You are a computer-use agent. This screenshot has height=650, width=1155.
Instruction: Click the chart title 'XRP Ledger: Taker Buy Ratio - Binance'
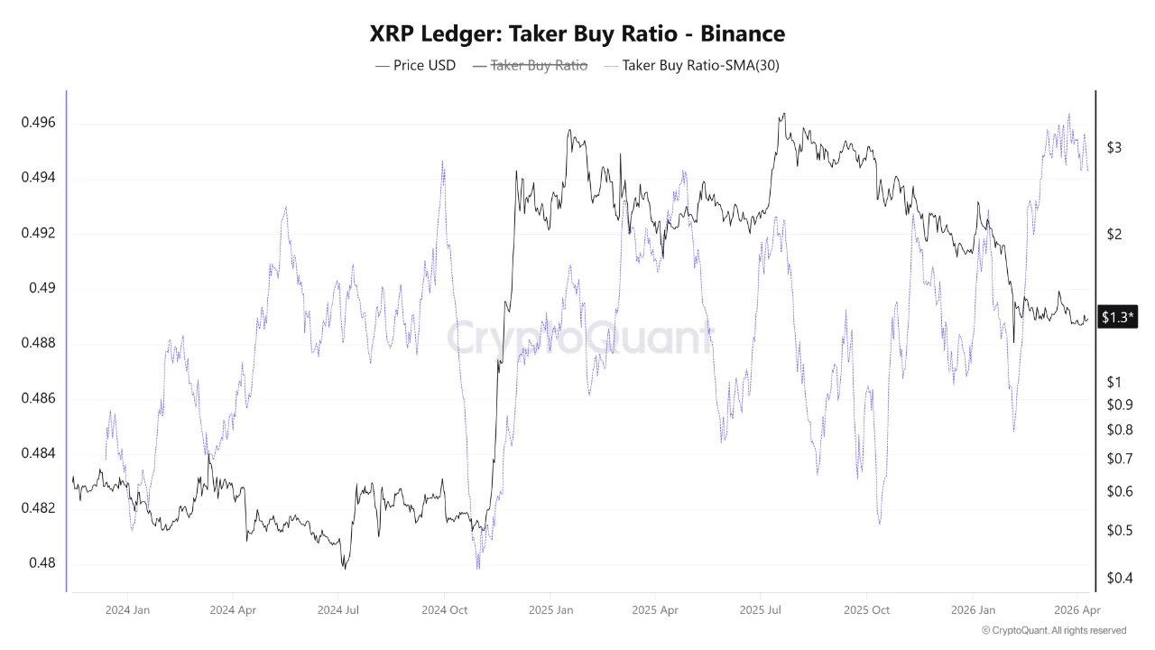[x=577, y=33]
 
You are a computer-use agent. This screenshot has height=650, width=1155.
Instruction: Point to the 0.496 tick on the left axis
[x=39, y=123]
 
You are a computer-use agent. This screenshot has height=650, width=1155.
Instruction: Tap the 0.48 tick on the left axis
[x=42, y=563]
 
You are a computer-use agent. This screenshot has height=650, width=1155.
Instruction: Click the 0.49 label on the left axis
[x=42, y=288]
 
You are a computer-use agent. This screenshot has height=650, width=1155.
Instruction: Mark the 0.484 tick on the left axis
[x=39, y=453]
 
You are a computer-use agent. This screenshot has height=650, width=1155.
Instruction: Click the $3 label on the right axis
[x=1113, y=147]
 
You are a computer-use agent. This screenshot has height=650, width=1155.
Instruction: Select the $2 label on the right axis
[x=1113, y=235]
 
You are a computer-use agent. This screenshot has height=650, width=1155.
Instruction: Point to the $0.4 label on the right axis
[x=1119, y=578]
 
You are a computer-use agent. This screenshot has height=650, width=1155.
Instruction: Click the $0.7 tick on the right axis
[x=1119, y=459]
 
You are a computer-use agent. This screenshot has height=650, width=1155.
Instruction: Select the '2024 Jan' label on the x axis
[x=127, y=610]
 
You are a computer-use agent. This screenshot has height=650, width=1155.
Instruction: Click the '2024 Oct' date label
[x=444, y=610]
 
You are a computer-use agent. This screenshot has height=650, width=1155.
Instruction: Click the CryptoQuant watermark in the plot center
[x=577, y=338]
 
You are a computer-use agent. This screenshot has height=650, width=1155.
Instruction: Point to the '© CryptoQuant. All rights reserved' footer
[x=1053, y=630]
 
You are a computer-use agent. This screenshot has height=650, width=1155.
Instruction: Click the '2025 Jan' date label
[x=550, y=610]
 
